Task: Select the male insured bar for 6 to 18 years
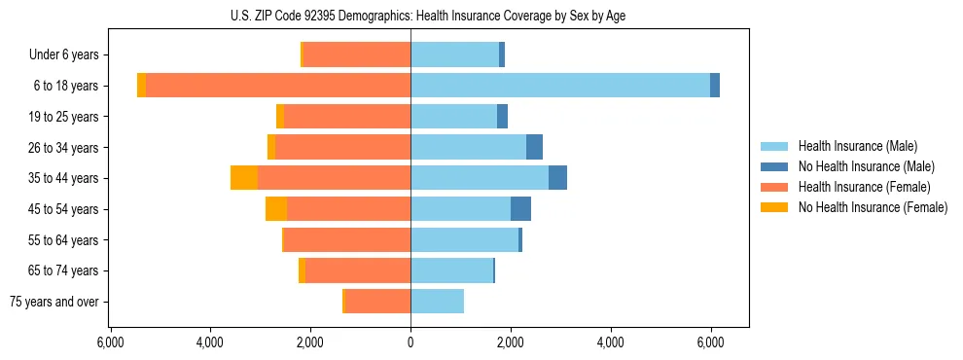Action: (560, 86)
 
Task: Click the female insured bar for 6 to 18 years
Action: (278, 86)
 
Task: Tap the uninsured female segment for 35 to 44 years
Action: (244, 178)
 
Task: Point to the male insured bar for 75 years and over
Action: (437, 302)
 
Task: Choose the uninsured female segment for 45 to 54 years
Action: (276, 209)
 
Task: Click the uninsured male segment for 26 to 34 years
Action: (534, 147)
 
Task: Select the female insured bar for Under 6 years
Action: (357, 54)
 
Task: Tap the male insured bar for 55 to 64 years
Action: (464, 239)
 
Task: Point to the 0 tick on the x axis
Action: (410, 342)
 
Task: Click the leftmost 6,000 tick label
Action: (110, 342)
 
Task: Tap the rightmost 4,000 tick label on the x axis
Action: (611, 342)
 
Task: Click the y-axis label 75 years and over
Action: (54, 302)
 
